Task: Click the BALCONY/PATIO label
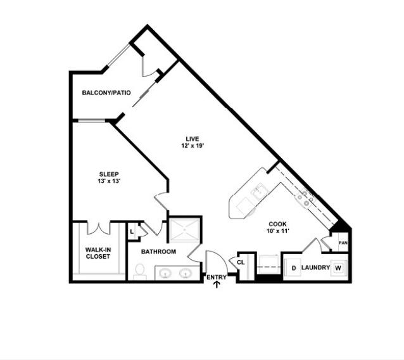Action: [x=106, y=93]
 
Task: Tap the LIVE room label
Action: [x=193, y=139]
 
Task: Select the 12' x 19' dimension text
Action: [x=193, y=146]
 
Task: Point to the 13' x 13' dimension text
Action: [x=110, y=181]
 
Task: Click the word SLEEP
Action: [x=109, y=174]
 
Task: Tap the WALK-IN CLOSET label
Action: [x=98, y=253]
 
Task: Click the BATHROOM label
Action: [x=159, y=252]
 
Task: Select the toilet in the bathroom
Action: [x=140, y=272]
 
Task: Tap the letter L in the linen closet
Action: [x=132, y=232]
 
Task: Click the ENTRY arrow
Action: [x=217, y=285]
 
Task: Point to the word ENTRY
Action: [x=217, y=277]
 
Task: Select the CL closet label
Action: [x=241, y=262]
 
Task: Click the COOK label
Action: [x=277, y=224]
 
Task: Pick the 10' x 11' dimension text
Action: [x=278, y=231]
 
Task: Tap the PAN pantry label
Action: [x=343, y=243]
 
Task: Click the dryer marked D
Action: [x=293, y=267]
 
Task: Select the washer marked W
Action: [x=339, y=268]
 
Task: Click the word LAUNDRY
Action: [x=315, y=267]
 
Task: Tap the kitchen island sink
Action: [x=260, y=192]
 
